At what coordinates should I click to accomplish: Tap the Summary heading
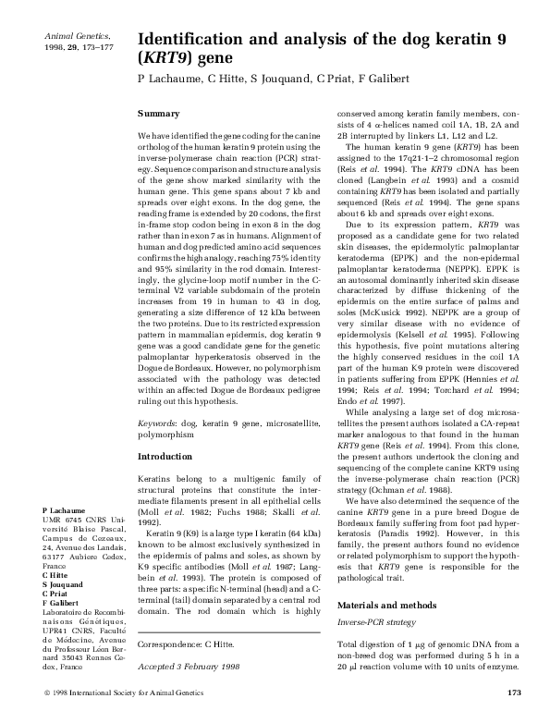[x=158, y=113]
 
